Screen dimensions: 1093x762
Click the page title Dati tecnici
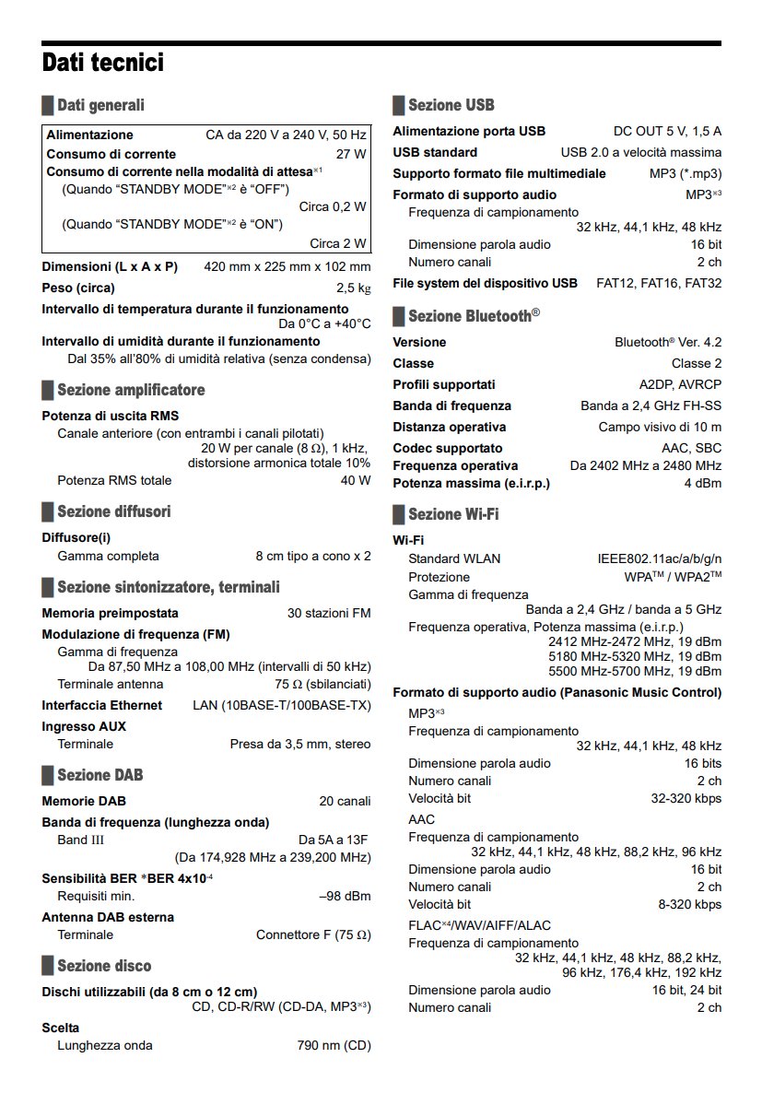click(103, 63)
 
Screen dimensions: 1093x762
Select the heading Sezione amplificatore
click(131, 390)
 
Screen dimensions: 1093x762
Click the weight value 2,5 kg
click(354, 288)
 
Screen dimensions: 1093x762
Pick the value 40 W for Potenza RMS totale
click(356, 480)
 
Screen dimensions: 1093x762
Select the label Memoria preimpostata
click(111, 613)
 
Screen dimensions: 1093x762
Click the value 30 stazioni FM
click(329, 613)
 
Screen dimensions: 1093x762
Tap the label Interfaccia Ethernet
click(102, 705)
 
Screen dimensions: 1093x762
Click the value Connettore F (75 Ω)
click(313, 934)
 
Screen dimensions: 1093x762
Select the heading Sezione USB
click(451, 105)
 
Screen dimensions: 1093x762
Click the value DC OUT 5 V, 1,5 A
click(667, 131)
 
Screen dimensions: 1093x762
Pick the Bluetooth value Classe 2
click(697, 363)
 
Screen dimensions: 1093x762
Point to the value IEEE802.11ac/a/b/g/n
click(660, 559)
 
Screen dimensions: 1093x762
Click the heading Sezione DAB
click(100, 775)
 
